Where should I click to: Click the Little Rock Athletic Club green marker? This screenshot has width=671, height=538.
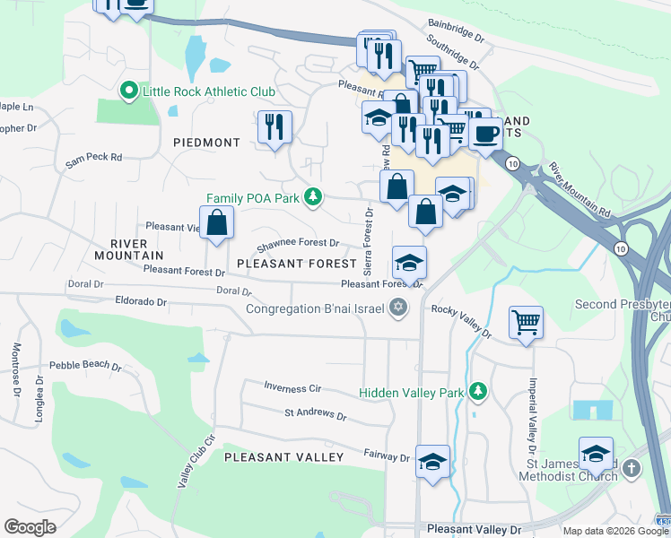coord(127,91)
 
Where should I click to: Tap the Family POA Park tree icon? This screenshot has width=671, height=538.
coord(312,196)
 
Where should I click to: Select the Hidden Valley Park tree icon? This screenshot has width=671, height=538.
coord(478,391)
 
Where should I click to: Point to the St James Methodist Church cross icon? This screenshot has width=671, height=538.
coord(632,469)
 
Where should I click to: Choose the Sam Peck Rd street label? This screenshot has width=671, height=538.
coord(93,157)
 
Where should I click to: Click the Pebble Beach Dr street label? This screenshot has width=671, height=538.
coord(85,366)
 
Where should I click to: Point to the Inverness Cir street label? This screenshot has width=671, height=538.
coord(292,387)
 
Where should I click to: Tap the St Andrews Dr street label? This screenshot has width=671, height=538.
coord(315,414)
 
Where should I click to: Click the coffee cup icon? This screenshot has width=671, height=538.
coord(485,134)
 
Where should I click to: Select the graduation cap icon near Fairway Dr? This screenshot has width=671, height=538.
coord(432,461)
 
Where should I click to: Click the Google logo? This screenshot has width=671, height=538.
coord(30,527)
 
